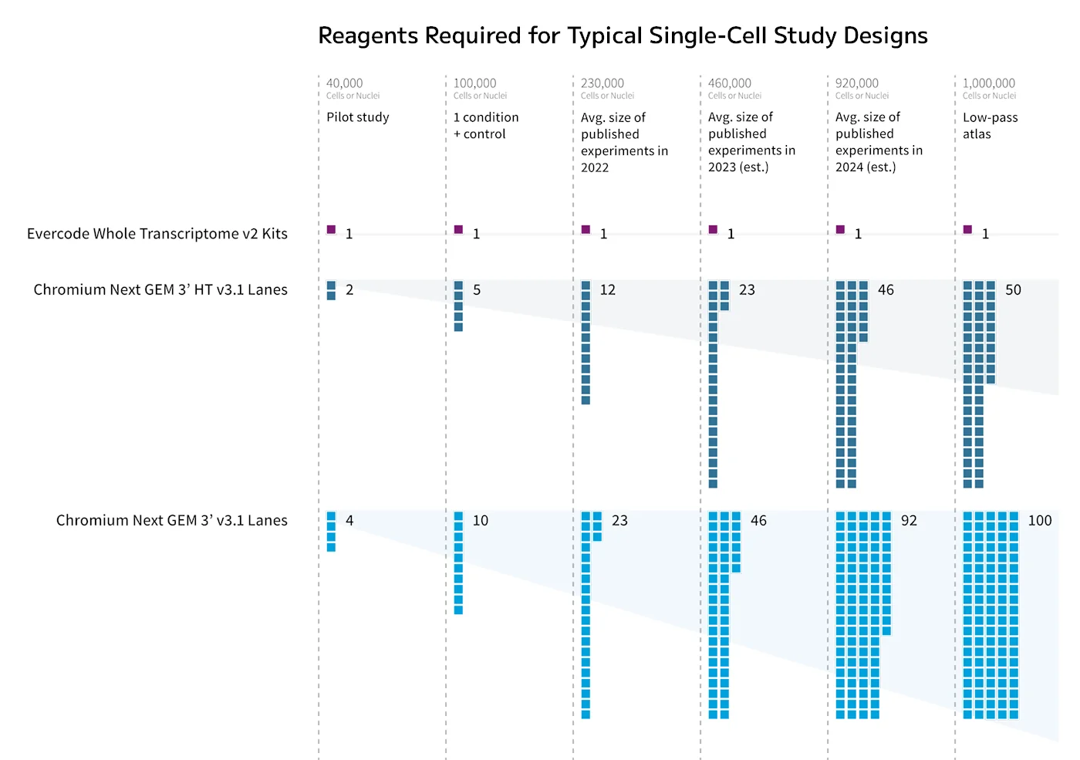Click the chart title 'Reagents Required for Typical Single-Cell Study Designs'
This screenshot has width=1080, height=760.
click(623, 35)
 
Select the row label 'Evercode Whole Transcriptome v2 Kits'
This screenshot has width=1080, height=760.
click(157, 234)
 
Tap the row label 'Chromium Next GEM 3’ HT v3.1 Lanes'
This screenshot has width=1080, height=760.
click(160, 290)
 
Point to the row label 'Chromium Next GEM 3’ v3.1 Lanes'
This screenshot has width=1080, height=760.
click(171, 520)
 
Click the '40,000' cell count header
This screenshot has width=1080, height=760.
click(344, 83)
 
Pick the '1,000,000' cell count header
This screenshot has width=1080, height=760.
click(988, 83)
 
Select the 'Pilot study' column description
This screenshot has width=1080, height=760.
click(357, 117)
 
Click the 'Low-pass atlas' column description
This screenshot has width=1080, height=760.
click(990, 125)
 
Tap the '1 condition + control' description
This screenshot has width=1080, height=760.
click(486, 125)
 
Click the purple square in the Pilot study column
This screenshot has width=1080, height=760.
click(331, 230)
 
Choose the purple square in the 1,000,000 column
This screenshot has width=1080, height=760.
click(967, 230)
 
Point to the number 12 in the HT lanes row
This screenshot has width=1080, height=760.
click(608, 290)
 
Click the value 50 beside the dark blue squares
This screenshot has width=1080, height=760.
click(1013, 290)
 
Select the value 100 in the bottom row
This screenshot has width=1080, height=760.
click(1040, 520)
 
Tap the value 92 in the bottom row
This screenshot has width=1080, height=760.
click(909, 520)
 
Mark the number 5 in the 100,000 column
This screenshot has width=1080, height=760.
click(477, 290)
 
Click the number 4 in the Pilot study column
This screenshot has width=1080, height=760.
click(349, 520)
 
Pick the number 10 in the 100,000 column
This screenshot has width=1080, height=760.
click(480, 520)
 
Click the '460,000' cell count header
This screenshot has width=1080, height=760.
click(730, 83)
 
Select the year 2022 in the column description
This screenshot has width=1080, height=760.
click(595, 168)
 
